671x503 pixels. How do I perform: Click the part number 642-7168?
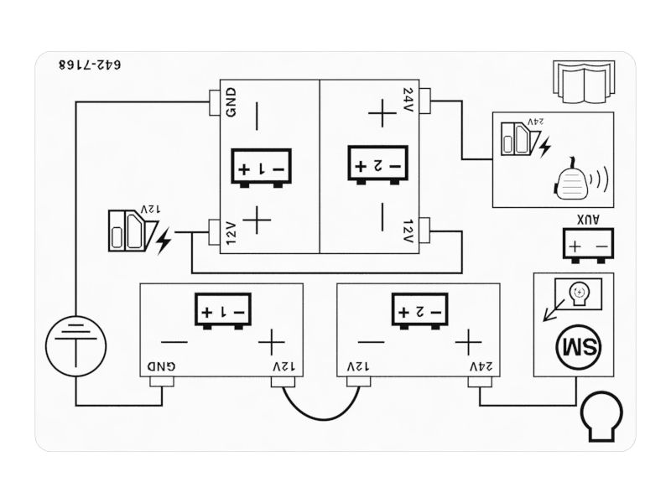pyautogui.click(x=91, y=65)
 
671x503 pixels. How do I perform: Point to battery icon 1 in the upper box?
pyautogui.click(x=261, y=168)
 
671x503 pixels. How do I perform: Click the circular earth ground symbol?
pyautogui.click(x=76, y=345)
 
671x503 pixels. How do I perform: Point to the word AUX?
pyautogui.click(x=588, y=220)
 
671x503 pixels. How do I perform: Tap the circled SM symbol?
pyautogui.click(x=576, y=345)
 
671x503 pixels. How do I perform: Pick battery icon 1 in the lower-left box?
pyautogui.click(x=222, y=311)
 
